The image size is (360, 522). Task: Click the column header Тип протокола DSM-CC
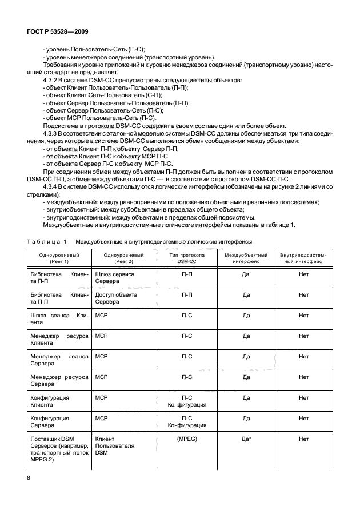[x=186, y=257]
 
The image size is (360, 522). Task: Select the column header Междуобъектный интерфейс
[x=246, y=257]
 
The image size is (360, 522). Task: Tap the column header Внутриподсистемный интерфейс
[x=303, y=257]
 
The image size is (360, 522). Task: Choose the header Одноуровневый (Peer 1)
[x=58, y=257]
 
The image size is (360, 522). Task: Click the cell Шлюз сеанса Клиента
[x=58, y=318]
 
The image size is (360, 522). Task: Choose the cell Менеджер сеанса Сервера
[x=58, y=360]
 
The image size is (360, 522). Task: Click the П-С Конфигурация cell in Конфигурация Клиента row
[x=186, y=400]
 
